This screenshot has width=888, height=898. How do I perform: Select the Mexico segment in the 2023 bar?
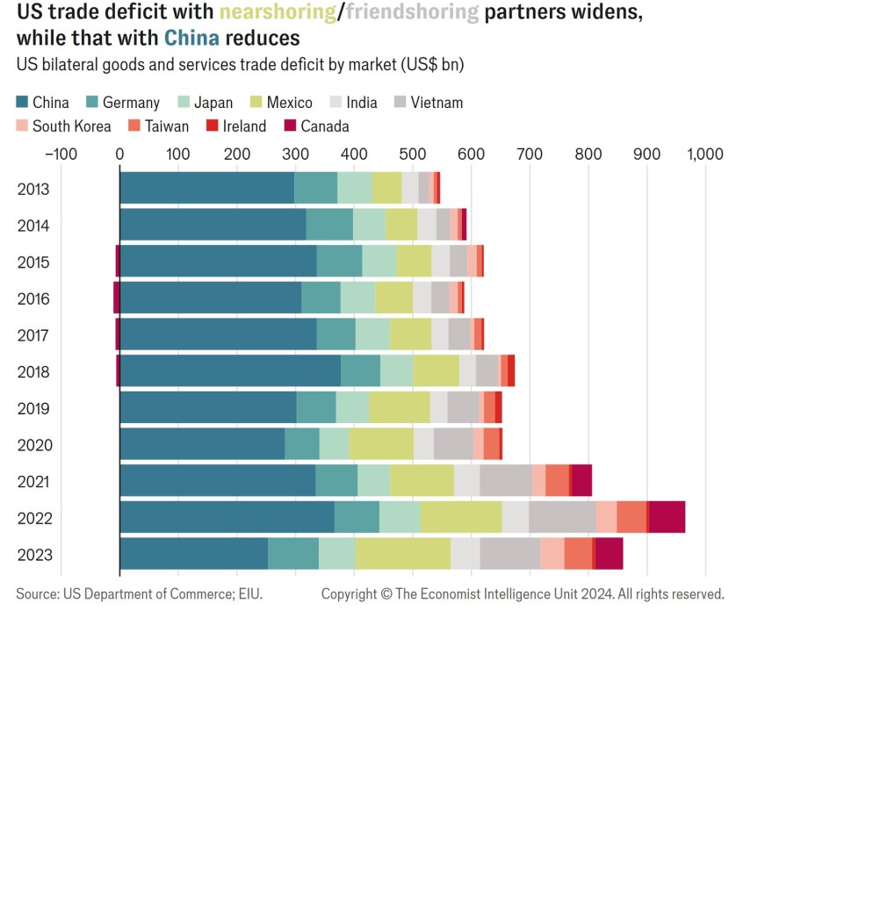402,555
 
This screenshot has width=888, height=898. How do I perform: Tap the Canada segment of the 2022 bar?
667,518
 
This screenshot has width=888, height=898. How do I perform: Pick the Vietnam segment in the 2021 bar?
505,481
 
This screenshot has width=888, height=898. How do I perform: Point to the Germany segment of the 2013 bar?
315,188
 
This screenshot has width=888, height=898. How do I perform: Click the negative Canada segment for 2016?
116,298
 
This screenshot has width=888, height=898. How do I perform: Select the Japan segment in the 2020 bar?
334,444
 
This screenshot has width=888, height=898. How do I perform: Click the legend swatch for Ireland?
212,126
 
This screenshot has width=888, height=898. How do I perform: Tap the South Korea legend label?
72,126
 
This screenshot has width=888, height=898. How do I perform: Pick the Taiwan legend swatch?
134,126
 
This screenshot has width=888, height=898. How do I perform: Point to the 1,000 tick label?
705,154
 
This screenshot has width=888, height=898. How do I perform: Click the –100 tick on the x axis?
60,154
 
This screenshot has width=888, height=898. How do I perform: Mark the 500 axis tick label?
412,154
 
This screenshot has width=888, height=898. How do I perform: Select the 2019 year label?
34,408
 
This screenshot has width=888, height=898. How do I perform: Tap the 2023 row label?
34,555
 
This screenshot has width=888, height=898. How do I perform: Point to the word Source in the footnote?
36,594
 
